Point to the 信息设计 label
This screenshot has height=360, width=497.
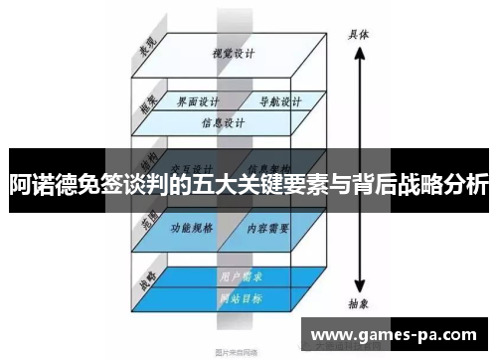pos(224,124)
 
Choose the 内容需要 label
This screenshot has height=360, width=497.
pos(268,228)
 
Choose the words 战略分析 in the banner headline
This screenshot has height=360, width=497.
pos(442,185)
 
